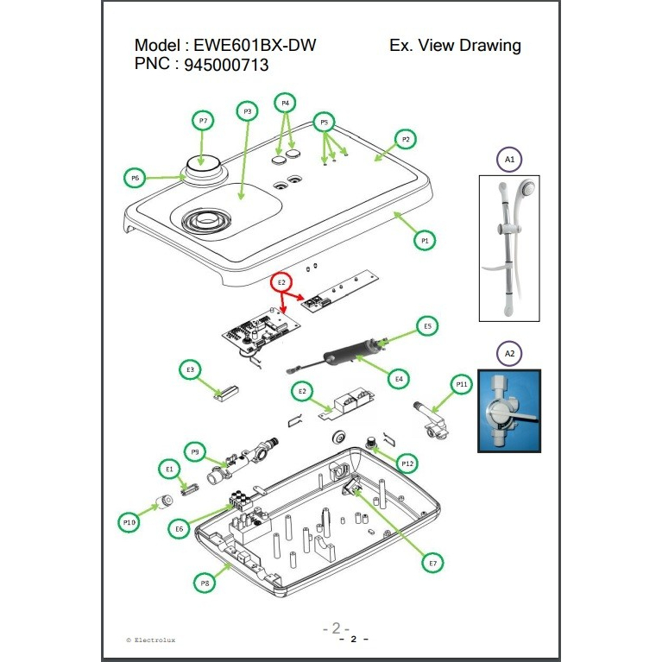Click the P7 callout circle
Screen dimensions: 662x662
tap(203, 122)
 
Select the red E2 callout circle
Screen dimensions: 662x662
tap(280, 282)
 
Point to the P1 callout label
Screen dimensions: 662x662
tap(424, 242)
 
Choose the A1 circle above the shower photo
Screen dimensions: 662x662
tap(509, 160)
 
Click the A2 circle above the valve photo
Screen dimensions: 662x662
tap(509, 352)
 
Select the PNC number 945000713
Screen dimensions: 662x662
tap(226, 66)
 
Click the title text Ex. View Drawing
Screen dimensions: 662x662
tap(455, 46)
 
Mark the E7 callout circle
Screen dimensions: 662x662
tap(433, 563)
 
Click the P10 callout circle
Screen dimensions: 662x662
tap(130, 521)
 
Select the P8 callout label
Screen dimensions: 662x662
tap(205, 583)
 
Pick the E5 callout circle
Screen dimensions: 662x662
tap(426, 325)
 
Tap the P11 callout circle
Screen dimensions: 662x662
tap(462, 383)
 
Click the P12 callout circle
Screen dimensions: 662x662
tap(407, 463)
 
